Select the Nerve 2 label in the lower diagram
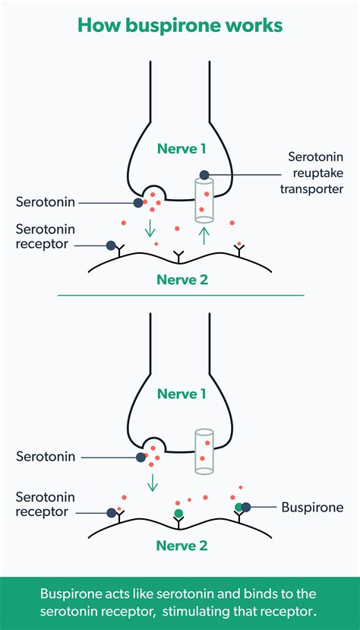pyautogui.click(x=180, y=545)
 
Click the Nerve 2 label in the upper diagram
pyautogui.click(x=180, y=279)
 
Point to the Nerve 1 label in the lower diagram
pyautogui.click(x=180, y=394)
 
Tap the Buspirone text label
pyautogui.click(x=312, y=507)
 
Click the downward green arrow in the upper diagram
pyautogui.click(x=151, y=227)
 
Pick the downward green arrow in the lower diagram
pyautogui.click(x=153, y=481)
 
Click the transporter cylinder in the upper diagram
pyautogui.click(x=203, y=200)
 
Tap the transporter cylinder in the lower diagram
pyautogui.click(x=203, y=451)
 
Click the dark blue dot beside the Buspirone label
pyautogui.click(x=246, y=507)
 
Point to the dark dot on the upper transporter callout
pyautogui.click(x=204, y=174)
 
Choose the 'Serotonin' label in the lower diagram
pyautogui.click(x=46, y=457)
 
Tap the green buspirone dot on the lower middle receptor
pyautogui.click(x=178, y=514)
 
